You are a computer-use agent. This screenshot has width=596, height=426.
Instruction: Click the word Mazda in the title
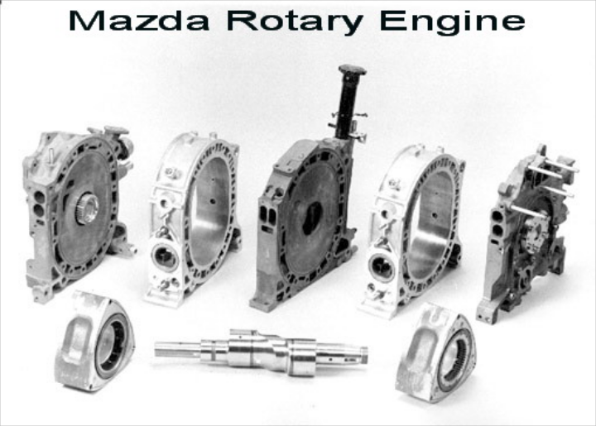tap(139, 21)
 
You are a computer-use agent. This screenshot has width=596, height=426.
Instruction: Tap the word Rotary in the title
tap(295, 22)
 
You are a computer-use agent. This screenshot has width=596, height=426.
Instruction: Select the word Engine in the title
tap(452, 22)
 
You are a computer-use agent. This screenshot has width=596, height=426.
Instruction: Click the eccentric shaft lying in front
tap(261, 352)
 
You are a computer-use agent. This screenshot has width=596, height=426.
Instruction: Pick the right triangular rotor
tap(435, 353)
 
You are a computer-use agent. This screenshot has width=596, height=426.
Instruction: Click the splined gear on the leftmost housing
tap(86, 208)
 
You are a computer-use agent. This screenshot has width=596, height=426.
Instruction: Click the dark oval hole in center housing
tap(312, 218)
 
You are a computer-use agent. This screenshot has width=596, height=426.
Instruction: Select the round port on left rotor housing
tap(165, 258)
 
